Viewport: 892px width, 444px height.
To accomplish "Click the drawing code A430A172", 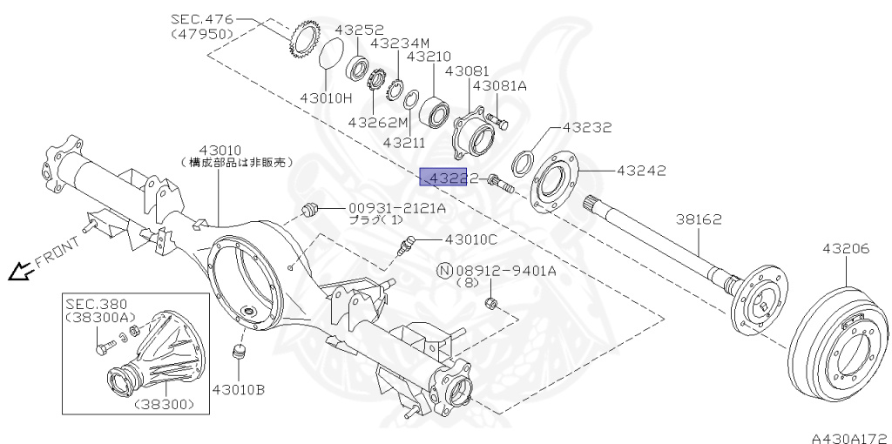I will [848, 433].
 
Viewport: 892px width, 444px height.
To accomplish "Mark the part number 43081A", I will [499, 85].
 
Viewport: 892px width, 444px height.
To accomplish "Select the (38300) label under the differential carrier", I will [164, 405].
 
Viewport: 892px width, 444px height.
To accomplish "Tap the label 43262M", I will [377, 122].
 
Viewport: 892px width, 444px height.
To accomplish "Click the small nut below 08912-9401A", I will [491, 303].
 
